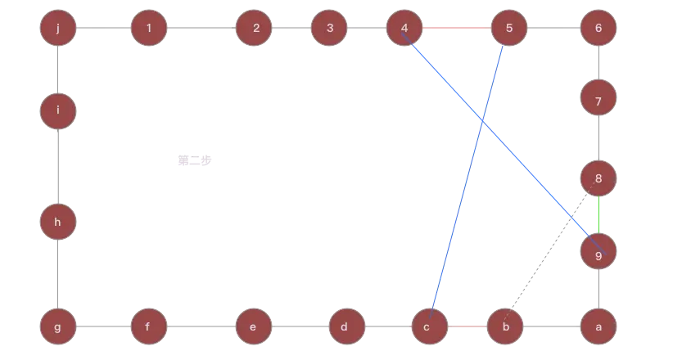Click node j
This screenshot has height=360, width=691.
[57, 29]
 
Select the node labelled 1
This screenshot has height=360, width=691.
[148, 29]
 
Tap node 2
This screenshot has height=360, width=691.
[255, 29]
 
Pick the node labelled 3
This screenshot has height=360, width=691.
[329, 29]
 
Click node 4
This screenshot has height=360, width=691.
[404, 29]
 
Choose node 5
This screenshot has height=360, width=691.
[509, 29]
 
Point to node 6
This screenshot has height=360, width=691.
[598, 29]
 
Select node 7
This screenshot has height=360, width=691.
[598, 101]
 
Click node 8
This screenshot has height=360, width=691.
[598, 178]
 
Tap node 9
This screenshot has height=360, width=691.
[598, 254]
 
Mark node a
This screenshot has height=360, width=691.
[598, 327]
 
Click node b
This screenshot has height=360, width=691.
[505, 327]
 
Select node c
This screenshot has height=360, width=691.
[426, 327]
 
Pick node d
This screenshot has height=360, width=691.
[345, 327]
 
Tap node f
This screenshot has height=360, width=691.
[148, 327]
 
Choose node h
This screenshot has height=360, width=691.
[57, 222]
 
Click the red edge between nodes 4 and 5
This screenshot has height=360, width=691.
[457, 29]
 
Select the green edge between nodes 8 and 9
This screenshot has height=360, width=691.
[599, 216]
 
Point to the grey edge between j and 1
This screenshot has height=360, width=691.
[102, 29]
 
